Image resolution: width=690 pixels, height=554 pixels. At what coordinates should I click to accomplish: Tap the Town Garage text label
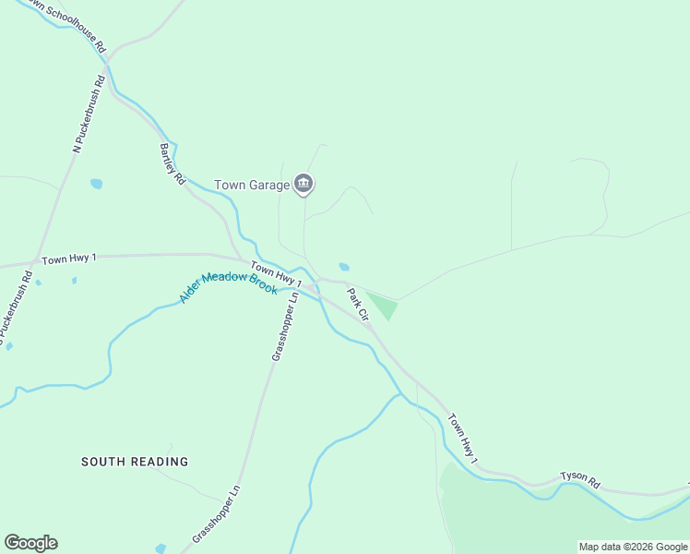pos(251,185)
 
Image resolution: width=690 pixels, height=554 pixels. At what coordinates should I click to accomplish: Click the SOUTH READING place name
pos(135,462)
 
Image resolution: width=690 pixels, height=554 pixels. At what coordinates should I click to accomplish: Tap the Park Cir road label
pos(358,305)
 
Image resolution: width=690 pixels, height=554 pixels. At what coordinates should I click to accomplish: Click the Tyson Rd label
pos(580,482)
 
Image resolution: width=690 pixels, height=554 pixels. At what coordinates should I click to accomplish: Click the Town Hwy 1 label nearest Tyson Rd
pos(464,438)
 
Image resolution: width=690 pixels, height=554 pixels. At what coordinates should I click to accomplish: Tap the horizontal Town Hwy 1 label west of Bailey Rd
pos(68,258)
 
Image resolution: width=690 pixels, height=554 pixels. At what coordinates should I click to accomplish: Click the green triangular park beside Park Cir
pos(382,305)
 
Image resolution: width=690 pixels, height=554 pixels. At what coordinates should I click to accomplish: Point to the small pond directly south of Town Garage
pos(344,267)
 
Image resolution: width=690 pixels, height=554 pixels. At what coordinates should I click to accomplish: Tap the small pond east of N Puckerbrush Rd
pos(96,184)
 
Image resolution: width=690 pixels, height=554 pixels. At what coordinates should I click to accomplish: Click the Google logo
pos(30,543)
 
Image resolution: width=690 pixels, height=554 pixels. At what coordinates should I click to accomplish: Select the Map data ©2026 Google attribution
pos(633,547)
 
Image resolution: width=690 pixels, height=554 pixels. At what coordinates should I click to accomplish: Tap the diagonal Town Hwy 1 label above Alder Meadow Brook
pos(277,273)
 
